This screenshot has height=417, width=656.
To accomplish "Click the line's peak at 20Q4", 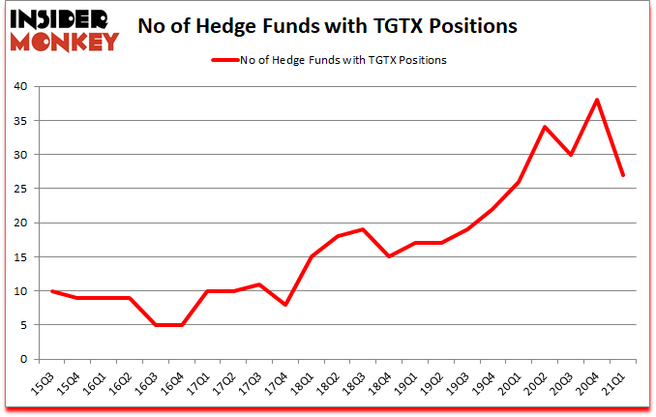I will click(x=597, y=100).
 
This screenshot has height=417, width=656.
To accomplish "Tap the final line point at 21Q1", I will click(x=622, y=175).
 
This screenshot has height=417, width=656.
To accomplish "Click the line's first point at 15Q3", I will click(x=51, y=290).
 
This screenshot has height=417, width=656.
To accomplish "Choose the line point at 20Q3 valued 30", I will click(x=573, y=155).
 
